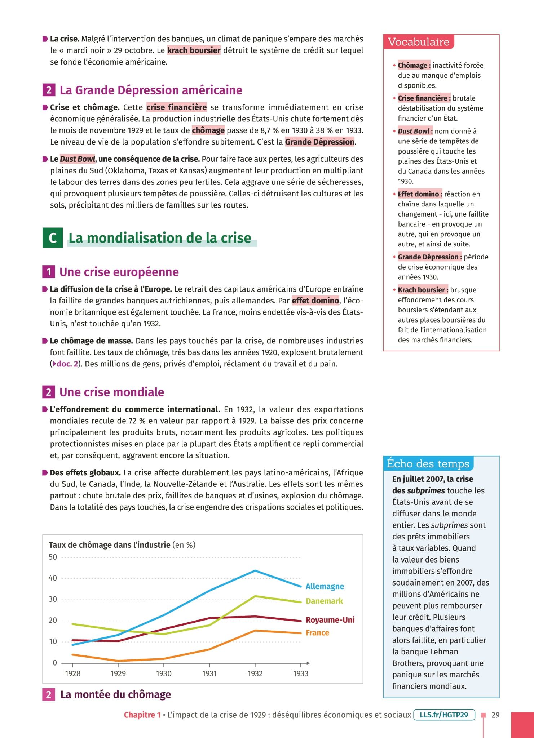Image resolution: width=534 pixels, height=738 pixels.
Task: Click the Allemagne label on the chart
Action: pyautogui.click(x=325, y=586)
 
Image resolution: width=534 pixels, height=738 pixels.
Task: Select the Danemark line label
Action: pyautogui.click(x=324, y=601)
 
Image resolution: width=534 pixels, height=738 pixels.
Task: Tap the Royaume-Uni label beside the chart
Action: pyautogui.click(x=330, y=619)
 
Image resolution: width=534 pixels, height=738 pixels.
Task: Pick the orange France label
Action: pyautogui.click(x=317, y=632)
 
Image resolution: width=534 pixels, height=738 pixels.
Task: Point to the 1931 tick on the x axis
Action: pyautogui.click(x=209, y=673)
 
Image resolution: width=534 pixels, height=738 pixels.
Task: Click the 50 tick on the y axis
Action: pyautogui.click(x=53, y=557)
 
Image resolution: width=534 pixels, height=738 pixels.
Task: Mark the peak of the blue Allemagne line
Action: pyautogui.click(x=255, y=570)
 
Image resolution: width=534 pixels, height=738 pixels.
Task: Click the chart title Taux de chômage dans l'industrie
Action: pyautogui.click(x=110, y=545)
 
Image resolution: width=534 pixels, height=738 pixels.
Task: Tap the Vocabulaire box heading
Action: pyautogui.click(x=419, y=42)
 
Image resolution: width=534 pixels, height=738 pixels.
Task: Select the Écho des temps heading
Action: pyautogui.click(x=428, y=463)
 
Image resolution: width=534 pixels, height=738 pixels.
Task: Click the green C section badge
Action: pyautogui.click(x=53, y=238)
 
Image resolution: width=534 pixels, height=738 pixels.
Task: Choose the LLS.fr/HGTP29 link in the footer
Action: pyautogui.click(x=444, y=715)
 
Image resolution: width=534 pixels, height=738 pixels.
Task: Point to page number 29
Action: pyautogui.click(x=495, y=715)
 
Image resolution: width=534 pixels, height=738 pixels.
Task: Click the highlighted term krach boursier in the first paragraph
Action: pyautogui.click(x=194, y=50)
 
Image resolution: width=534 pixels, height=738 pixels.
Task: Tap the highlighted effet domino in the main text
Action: pyautogui.click(x=315, y=301)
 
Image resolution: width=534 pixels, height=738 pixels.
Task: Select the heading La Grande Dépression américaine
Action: pyautogui.click(x=151, y=90)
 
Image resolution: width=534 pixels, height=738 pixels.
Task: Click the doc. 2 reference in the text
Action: pyautogui.click(x=67, y=364)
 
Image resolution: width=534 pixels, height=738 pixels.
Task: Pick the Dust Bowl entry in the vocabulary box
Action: pyautogui.click(x=415, y=131)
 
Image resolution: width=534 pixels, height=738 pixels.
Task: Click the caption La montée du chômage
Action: pyautogui.click(x=115, y=694)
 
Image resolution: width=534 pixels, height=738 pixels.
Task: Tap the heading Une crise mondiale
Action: pyautogui.click(x=112, y=392)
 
